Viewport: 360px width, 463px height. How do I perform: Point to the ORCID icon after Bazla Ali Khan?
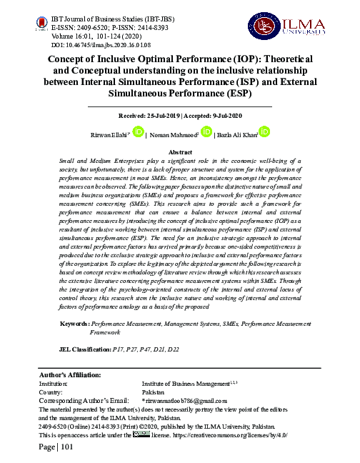click(264, 131)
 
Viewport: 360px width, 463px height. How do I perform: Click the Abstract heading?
click(181, 152)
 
